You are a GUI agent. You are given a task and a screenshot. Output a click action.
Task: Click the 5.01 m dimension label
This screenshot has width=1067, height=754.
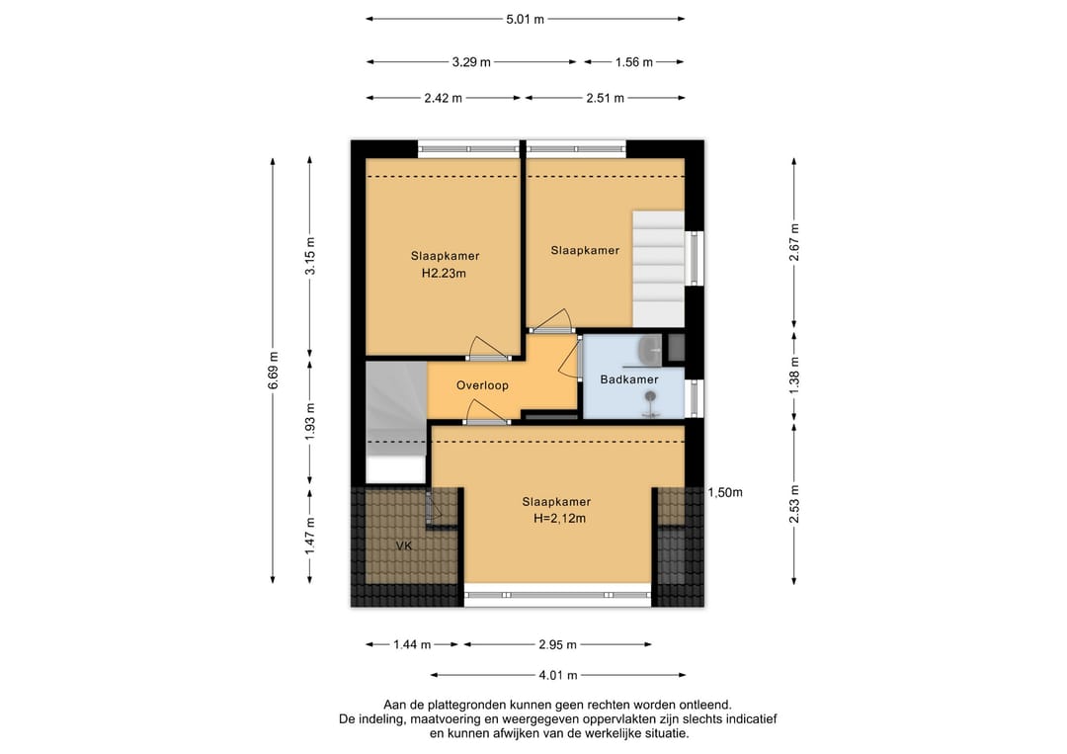[525, 19]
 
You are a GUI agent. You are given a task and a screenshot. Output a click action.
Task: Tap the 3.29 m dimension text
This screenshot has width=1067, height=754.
[471, 62]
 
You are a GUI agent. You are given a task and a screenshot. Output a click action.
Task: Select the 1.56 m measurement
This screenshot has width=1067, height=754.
[633, 62]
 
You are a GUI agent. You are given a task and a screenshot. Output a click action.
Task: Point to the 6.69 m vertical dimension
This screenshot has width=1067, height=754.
[273, 371]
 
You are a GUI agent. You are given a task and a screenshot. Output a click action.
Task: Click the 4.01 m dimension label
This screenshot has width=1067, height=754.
[558, 675]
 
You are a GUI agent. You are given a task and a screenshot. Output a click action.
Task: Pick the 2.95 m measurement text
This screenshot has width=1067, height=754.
[557, 644]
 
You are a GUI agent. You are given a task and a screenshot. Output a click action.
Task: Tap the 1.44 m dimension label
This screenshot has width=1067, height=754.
[412, 644]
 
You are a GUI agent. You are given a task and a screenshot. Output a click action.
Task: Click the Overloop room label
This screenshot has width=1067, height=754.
[482, 385]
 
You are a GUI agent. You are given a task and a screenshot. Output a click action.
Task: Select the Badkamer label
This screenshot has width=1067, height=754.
[628, 379]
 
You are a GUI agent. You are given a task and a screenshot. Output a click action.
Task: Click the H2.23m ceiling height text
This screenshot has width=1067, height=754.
[444, 274]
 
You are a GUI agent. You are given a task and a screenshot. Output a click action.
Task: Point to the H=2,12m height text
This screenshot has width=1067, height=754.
[559, 519]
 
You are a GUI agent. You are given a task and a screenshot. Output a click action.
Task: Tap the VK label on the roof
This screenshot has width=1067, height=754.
[404, 545]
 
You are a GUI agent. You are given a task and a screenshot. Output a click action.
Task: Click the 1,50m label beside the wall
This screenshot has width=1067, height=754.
[725, 492]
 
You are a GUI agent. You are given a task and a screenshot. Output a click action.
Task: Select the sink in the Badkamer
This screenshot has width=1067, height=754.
[650, 350]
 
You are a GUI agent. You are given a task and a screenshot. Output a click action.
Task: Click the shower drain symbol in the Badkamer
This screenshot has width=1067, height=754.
[651, 396]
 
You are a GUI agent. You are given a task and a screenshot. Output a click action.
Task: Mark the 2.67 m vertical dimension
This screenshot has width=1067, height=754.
[794, 242]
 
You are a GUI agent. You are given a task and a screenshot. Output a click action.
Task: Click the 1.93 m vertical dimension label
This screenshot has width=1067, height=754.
[309, 422]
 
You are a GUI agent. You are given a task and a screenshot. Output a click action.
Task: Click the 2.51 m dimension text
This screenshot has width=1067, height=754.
[605, 98]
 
